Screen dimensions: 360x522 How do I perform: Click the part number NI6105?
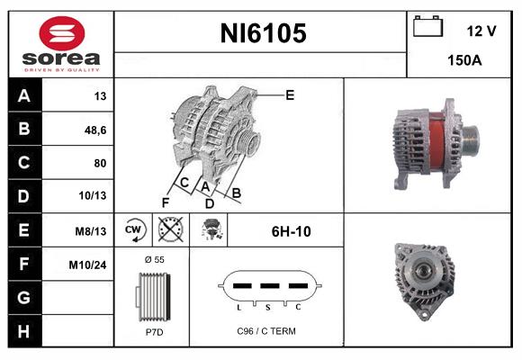(x=264, y=33)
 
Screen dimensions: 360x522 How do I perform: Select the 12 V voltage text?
(x=481, y=31)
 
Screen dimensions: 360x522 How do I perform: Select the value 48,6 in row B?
(x=95, y=130)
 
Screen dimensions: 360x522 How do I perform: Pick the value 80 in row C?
(x=99, y=163)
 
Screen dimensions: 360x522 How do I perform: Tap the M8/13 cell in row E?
(x=92, y=231)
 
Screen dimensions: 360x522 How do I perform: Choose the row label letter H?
(x=24, y=330)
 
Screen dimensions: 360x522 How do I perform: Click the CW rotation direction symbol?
(x=134, y=231)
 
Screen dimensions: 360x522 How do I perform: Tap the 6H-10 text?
(x=291, y=231)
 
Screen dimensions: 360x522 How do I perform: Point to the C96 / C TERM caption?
(x=265, y=331)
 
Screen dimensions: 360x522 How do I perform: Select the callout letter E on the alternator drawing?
(x=289, y=94)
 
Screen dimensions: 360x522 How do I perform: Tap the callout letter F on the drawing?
(x=165, y=202)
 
